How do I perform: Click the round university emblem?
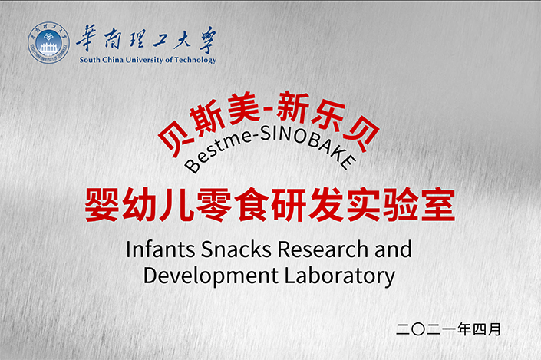[48, 42]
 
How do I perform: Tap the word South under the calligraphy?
[90, 60]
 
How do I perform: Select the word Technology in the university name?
[195, 60]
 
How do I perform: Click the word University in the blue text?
[144, 60]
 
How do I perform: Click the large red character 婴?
[103, 205]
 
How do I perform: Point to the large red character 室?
[438, 205]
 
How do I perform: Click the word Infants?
[160, 249]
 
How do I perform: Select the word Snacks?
[236, 249]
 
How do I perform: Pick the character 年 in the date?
[464, 329]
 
